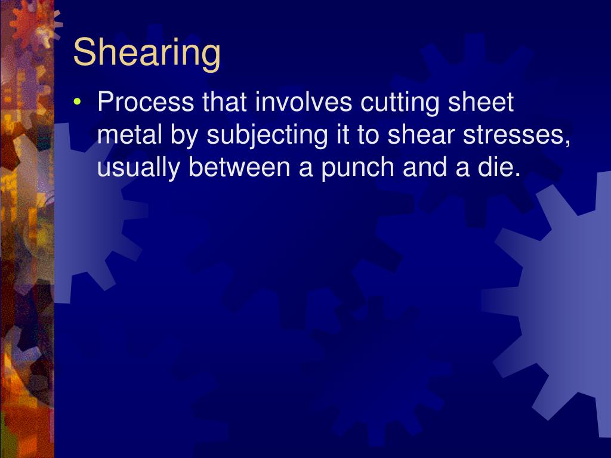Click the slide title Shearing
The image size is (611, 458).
click(x=147, y=53)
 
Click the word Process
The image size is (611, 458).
click(x=146, y=103)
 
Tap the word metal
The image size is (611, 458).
click(x=124, y=135)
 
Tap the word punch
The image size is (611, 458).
click(x=345, y=169)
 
